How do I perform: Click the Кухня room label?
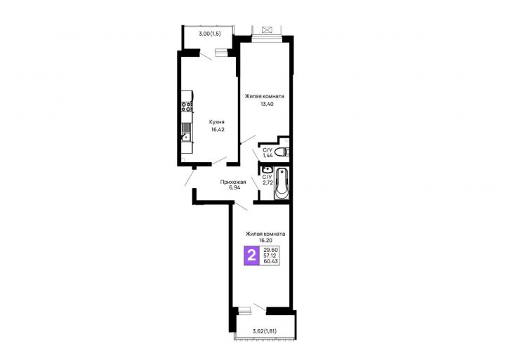216,122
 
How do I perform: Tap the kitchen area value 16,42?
218,129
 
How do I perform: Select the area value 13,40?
267,104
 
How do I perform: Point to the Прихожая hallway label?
233,182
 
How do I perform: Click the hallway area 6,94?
234,187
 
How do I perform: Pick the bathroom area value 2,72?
267,182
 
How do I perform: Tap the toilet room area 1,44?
267,156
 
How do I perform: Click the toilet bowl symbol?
282,152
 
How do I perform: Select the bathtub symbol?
281,183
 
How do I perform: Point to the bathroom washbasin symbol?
267,169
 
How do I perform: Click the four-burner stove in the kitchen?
187,107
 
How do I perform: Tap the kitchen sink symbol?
186,137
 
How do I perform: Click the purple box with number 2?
251,255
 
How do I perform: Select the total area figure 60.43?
271,261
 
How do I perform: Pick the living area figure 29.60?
271,250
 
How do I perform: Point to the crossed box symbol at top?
266,30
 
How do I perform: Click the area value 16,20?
265,241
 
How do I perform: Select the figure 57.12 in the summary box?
270,255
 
